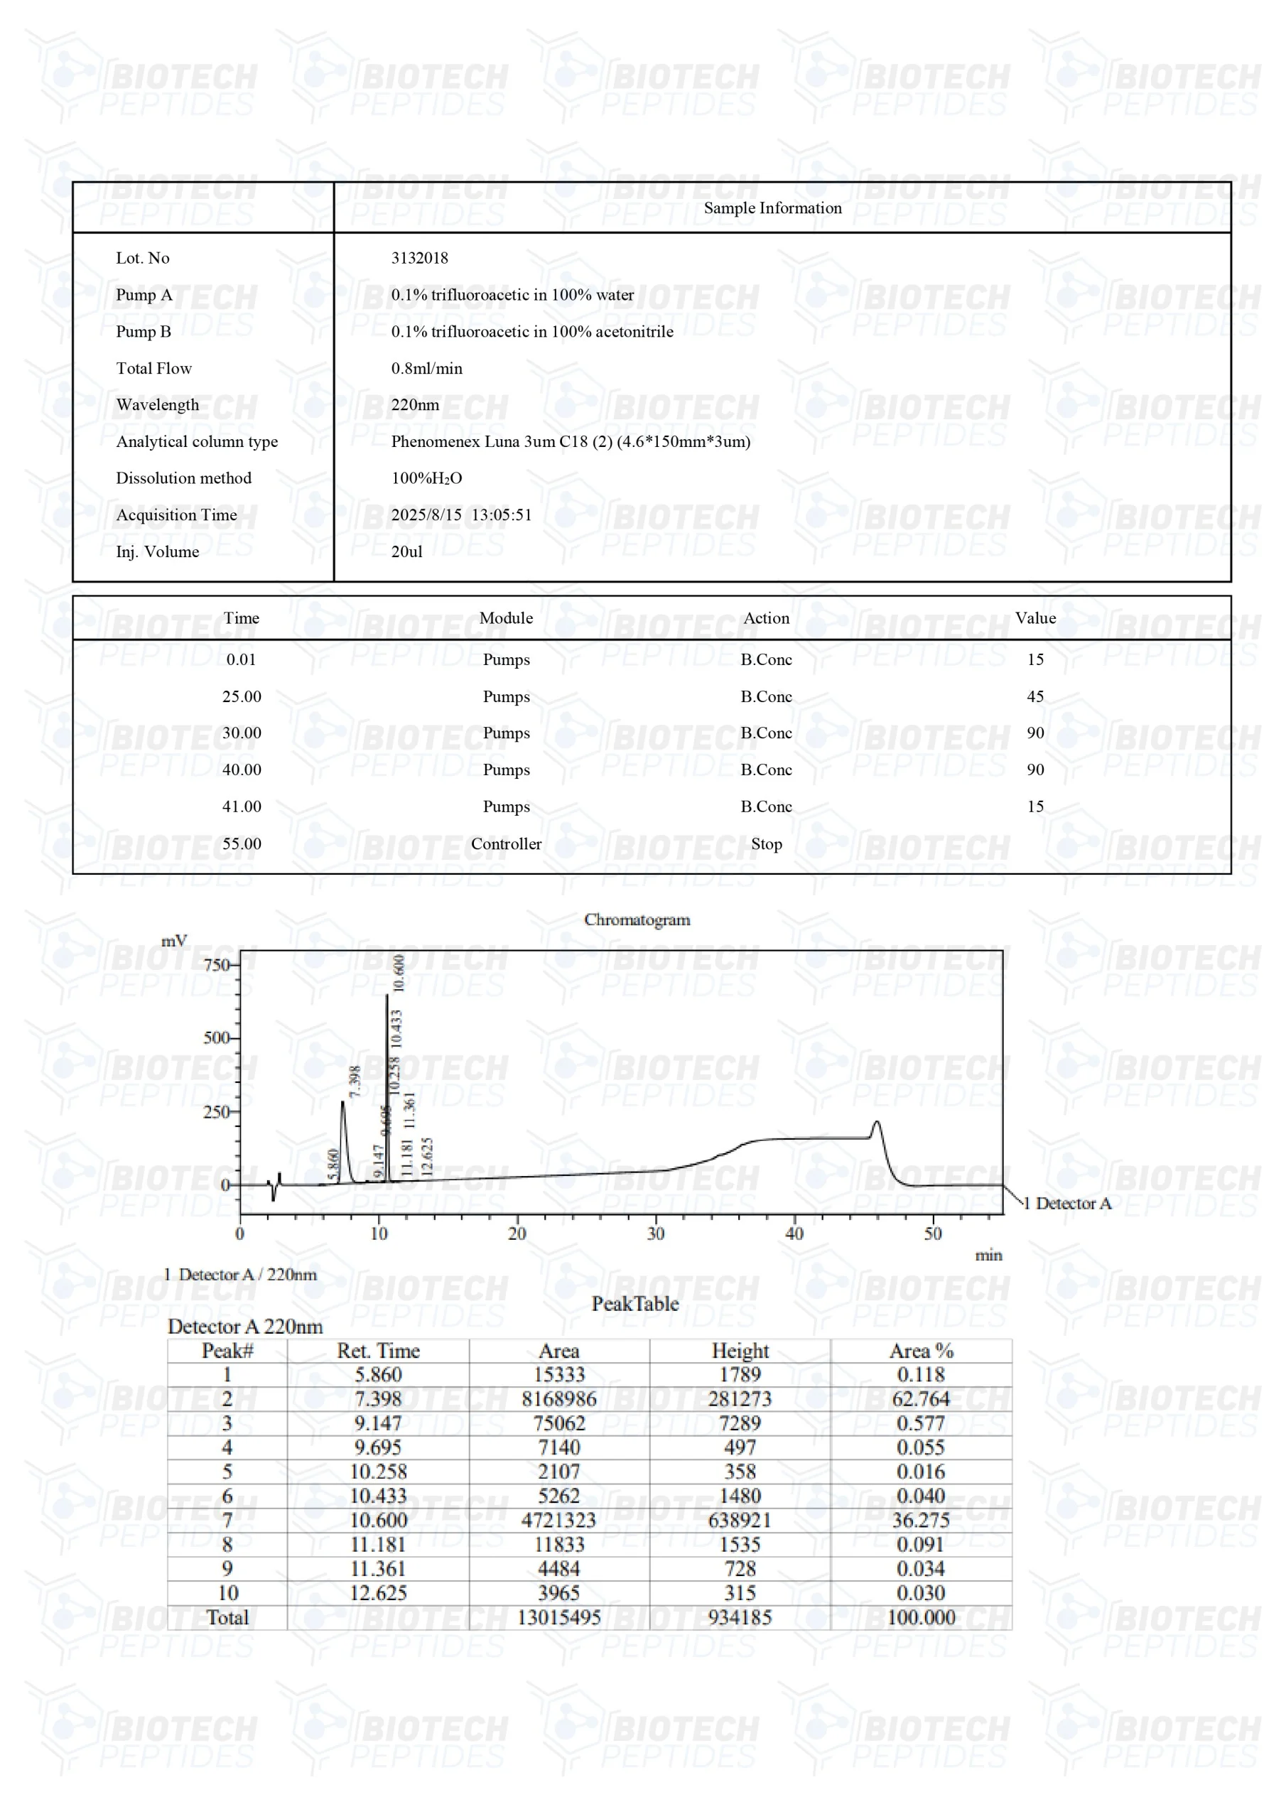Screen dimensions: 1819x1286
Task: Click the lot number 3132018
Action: tap(419, 257)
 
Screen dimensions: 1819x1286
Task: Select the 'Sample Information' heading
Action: tap(772, 207)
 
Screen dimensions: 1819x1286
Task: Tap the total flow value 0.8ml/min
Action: tap(426, 368)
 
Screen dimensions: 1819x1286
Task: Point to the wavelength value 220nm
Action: tap(414, 405)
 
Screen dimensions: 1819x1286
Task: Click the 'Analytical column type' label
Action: tap(197, 441)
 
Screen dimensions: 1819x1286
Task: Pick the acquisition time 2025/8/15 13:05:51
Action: tap(461, 515)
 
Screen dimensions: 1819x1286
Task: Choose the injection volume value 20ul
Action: tap(406, 551)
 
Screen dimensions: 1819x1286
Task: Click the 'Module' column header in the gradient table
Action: tap(506, 618)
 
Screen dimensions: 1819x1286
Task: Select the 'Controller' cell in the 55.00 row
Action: tap(506, 843)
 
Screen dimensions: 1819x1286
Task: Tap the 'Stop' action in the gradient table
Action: tap(766, 843)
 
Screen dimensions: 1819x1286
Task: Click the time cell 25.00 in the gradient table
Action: tap(241, 696)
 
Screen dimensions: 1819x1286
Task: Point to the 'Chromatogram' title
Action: tap(637, 919)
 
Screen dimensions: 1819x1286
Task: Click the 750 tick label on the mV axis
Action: tap(216, 965)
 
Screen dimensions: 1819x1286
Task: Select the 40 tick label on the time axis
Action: tap(794, 1234)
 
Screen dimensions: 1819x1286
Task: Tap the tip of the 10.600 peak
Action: tap(387, 995)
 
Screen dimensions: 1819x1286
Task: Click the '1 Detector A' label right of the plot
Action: tap(1067, 1204)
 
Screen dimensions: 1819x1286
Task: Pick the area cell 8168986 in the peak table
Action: tap(558, 1399)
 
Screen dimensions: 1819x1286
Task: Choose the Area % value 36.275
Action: tap(921, 1521)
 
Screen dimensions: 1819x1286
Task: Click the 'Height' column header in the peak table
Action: tap(740, 1351)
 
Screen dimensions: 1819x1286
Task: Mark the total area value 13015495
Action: tap(558, 1617)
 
